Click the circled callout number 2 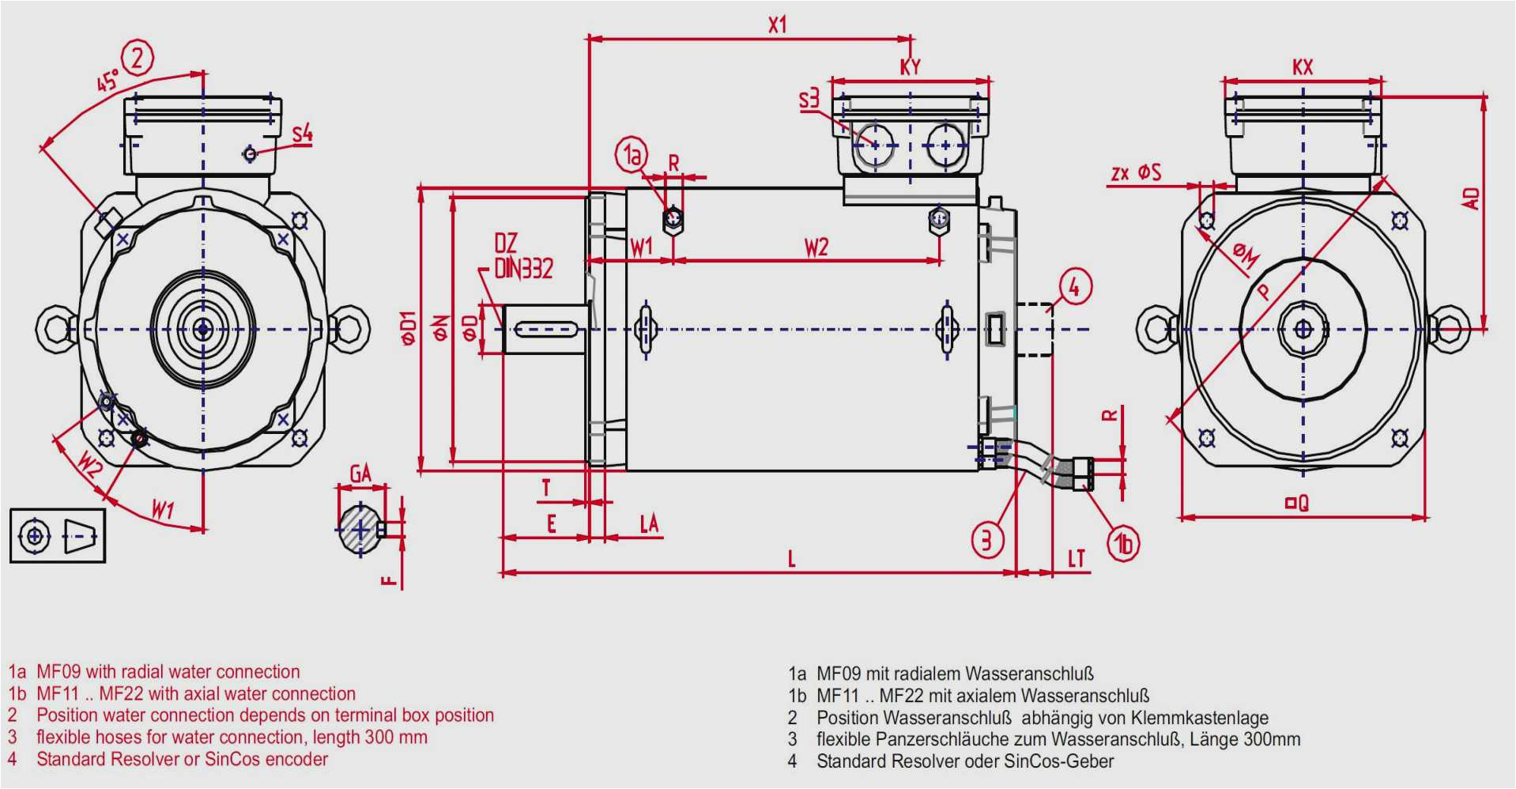(x=138, y=59)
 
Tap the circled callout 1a (x=632, y=155)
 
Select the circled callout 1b (x=1123, y=544)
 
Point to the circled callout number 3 (x=987, y=541)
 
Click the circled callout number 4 (x=1074, y=287)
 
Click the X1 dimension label (x=778, y=25)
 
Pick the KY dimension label (x=911, y=66)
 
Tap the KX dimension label (x=1303, y=66)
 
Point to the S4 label (x=303, y=134)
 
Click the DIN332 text (x=523, y=269)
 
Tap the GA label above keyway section (x=360, y=474)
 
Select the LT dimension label (x=1077, y=559)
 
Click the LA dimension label (x=649, y=523)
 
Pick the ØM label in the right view (x=1246, y=255)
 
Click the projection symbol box (x=58, y=536)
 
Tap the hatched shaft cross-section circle (x=360, y=529)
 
